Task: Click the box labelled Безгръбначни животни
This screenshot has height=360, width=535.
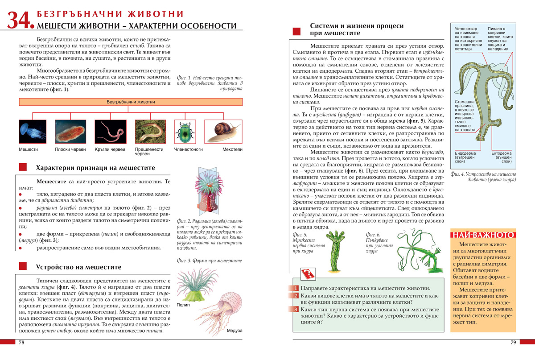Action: point(131,102)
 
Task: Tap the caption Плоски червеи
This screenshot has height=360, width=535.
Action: point(70,149)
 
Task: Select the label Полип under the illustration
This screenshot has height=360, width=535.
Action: point(183,305)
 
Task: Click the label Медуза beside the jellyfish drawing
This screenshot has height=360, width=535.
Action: point(234,331)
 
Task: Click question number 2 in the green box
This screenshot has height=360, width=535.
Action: point(295,296)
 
